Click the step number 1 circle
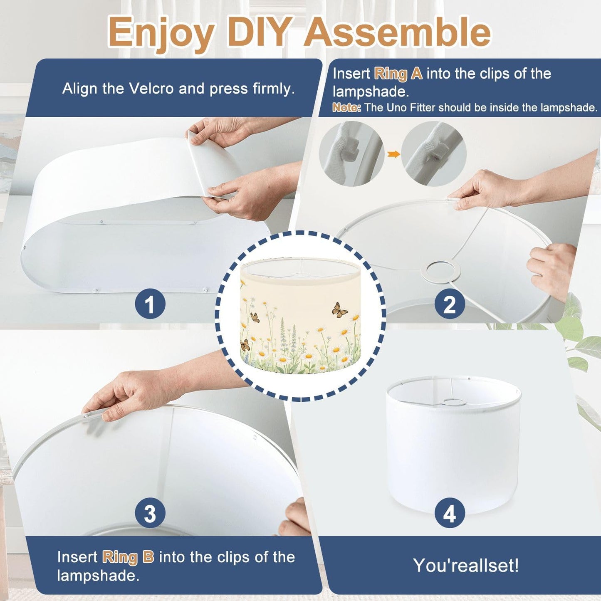[150, 304]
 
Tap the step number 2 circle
[450, 304]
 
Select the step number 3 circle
[150, 513]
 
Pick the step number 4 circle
[450, 513]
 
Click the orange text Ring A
[398, 74]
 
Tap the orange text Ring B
[128, 557]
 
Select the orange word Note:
[346, 108]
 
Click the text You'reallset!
[466, 565]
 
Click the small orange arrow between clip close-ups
[393, 154]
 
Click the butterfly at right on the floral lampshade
[340, 310]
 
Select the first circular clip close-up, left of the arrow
[351, 154]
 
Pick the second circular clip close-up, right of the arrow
[434, 154]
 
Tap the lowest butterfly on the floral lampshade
[245, 345]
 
